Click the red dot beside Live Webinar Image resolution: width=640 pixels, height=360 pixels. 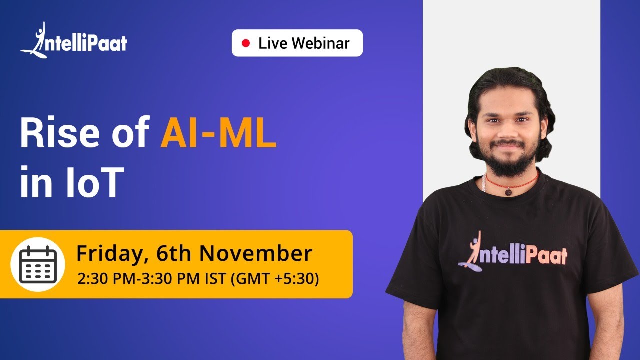coord(245,43)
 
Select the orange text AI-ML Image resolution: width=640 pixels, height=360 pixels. coord(218,135)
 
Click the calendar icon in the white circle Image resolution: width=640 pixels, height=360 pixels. coord(38,264)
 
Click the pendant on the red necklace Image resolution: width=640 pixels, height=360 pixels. coord(508,192)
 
